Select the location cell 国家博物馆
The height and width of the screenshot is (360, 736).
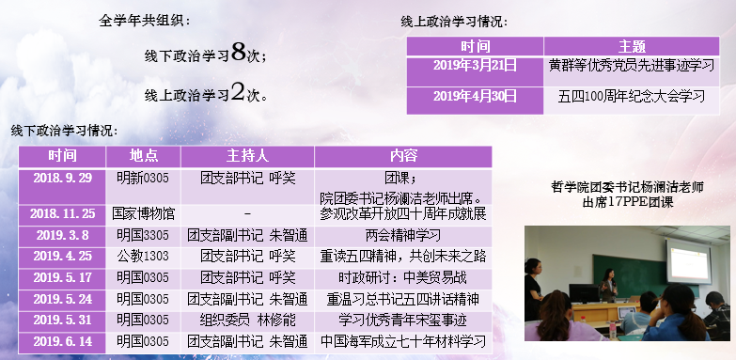click(143, 213)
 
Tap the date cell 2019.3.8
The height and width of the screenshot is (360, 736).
click(59, 236)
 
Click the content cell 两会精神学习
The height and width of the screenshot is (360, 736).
click(401, 236)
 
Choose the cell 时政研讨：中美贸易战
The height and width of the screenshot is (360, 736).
click(401, 277)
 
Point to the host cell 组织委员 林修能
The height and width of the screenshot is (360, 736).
click(247, 320)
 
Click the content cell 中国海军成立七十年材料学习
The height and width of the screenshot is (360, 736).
click(401, 340)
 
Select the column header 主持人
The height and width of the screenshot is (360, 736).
click(247, 156)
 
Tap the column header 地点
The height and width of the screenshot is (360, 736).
click(143, 156)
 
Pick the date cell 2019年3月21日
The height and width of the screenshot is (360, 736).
click(476, 66)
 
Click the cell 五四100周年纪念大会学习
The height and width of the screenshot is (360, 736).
click(631, 96)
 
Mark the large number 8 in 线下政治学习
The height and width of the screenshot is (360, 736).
click(239, 53)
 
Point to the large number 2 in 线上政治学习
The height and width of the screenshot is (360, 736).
click(239, 92)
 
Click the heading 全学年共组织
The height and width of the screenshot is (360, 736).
click(145, 20)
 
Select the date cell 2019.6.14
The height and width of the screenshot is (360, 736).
click(59, 340)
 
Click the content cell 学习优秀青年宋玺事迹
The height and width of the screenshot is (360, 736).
click(401, 320)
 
